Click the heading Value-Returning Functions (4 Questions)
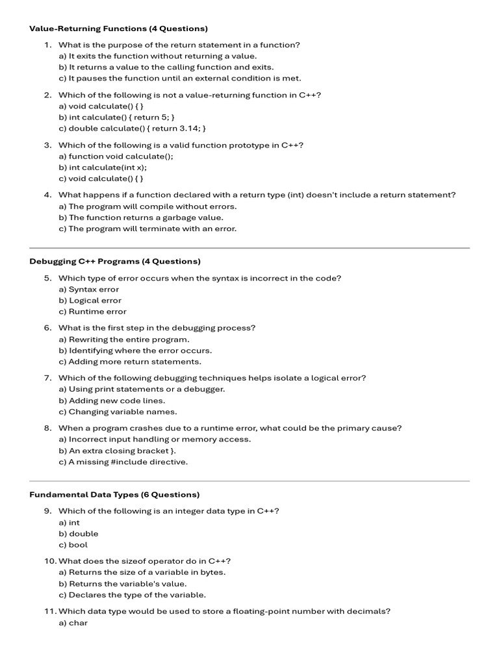click(118, 29)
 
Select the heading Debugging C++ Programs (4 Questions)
click(115, 261)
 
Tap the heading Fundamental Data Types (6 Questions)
click(114, 494)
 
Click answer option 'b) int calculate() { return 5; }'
click(116, 117)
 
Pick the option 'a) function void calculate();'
click(116, 156)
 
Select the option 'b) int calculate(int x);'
click(103, 167)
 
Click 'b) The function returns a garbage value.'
click(140, 218)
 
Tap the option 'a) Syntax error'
click(89, 289)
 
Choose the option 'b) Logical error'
click(90, 300)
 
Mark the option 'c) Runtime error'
click(92, 311)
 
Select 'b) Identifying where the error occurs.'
click(135, 350)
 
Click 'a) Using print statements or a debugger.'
click(142, 389)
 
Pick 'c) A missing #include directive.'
click(123, 462)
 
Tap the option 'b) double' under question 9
click(79, 533)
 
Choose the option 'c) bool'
click(73, 544)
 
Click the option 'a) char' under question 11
click(73, 622)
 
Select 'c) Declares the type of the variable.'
click(132, 594)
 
